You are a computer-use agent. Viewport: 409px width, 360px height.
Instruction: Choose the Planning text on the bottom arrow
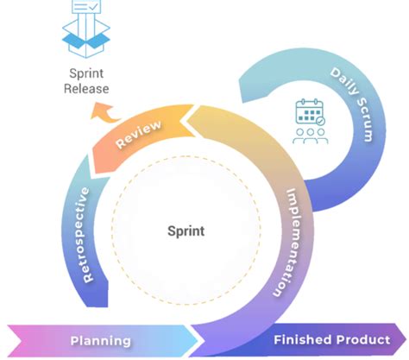click(101, 340)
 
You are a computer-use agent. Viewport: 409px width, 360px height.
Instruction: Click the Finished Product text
click(326, 340)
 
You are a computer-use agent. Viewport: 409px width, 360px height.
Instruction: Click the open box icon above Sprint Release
click(86, 38)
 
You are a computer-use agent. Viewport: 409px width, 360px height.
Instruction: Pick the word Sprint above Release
click(86, 73)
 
